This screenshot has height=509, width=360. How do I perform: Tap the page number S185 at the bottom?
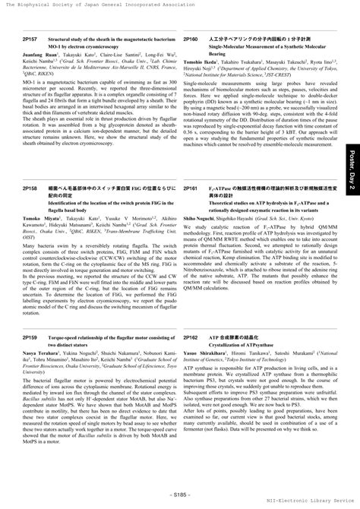point(179,494)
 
